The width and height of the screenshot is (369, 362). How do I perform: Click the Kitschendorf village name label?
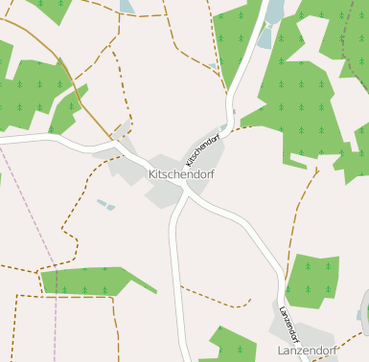[181, 175]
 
